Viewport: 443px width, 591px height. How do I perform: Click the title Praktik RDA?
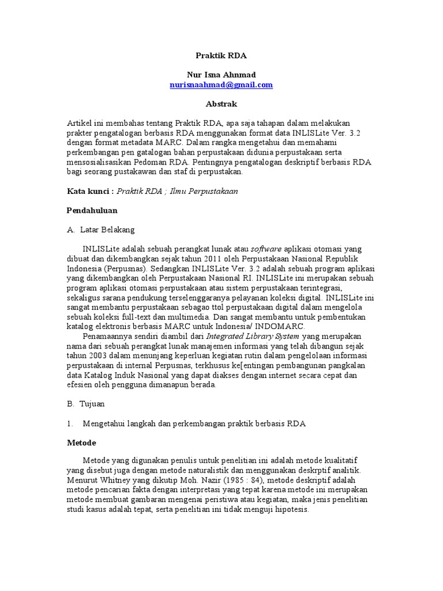pyautogui.click(x=221, y=56)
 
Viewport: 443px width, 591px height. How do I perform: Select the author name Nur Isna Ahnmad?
pyautogui.click(x=221, y=75)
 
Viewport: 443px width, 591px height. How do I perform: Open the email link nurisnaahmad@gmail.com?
pyautogui.click(x=221, y=85)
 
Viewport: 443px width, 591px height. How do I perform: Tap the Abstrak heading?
pyautogui.click(x=221, y=104)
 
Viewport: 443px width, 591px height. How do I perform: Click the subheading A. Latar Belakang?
pyautogui.click(x=101, y=229)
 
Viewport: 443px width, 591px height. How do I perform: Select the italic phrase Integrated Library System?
pyautogui.click(x=253, y=336)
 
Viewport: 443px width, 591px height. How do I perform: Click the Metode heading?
pyautogui.click(x=81, y=443)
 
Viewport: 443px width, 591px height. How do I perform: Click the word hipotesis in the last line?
pyautogui.click(x=292, y=510)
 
